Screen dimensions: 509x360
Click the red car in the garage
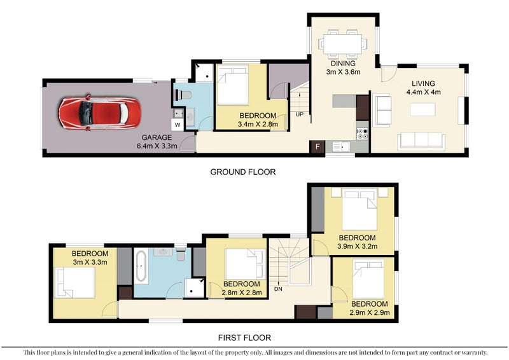(100, 113)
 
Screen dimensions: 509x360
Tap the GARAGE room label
(157, 137)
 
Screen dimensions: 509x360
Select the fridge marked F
(317, 146)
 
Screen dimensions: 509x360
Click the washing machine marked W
(178, 125)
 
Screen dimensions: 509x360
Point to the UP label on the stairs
(300, 114)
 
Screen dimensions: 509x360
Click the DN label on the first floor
(278, 289)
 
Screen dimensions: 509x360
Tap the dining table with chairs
(343, 44)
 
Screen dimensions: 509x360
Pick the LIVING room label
(423, 83)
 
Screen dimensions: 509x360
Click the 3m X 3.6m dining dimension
(343, 72)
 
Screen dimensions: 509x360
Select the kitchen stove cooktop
(363, 134)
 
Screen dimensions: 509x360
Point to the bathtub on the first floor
(141, 267)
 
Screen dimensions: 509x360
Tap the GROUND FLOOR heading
(243, 172)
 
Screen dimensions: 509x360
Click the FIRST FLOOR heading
(244, 338)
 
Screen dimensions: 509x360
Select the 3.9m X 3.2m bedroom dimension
(357, 246)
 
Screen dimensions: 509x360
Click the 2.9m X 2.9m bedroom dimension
(370, 313)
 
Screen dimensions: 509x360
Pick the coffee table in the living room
(422, 109)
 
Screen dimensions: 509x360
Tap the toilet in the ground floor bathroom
(183, 95)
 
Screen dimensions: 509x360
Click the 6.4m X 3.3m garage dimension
(157, 146)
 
